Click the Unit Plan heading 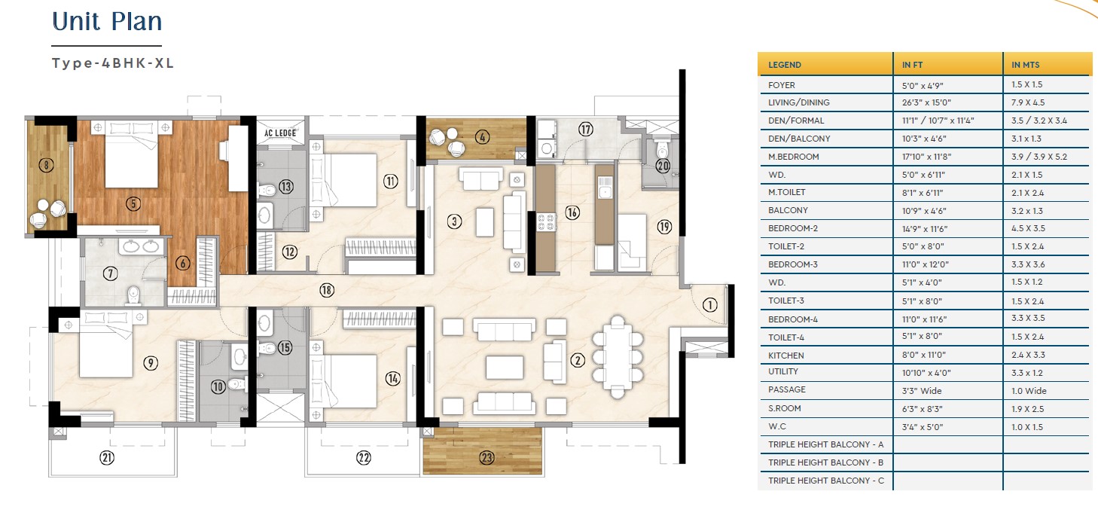[x=107, y=22]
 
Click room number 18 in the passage [x=327, y=290]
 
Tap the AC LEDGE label [x=280, y=133]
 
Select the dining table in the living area [x=617, y=356]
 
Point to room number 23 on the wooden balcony [x=486, y=458]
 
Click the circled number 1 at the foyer [x=709, y=305]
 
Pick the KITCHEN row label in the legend [x=785, y=356]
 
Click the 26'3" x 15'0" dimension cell [x=926, y=102]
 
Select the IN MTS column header [x=1026, y=65]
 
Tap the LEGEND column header [x=784, y=65]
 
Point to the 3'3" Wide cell [x=922, y=391]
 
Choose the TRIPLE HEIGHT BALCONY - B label [x=825, y=462]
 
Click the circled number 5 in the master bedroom [x=133, y=203]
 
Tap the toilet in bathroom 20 [x=663, y=148]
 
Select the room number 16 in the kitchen [x=572, y=212]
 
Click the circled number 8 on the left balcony [x=47, y=165]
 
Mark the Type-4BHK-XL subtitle [x=113, y=63]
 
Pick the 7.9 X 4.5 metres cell [x=1028, y=102]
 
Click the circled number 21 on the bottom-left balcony [x=107, y=458]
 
